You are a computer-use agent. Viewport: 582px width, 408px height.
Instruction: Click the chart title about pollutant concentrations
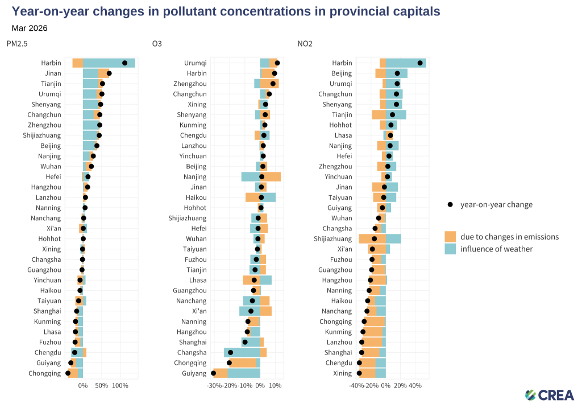coord(226,11)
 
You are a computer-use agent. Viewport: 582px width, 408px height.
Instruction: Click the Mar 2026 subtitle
coord(30,28)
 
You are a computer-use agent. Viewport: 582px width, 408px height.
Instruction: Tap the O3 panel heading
coord(157,43)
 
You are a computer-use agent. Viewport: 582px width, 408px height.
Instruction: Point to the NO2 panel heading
coord(305,43)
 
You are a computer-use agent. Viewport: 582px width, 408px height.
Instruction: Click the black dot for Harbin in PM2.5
coord(124,63)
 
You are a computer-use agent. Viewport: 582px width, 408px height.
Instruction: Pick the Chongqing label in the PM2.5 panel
coord(44,373)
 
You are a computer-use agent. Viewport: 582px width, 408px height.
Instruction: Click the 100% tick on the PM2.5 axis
coord(120,386)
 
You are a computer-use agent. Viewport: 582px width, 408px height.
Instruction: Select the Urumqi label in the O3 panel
coord(195,63)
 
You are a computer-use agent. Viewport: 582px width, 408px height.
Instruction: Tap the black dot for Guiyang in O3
coord(213,373)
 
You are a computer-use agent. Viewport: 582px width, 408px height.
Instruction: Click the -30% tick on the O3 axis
coord(214,386)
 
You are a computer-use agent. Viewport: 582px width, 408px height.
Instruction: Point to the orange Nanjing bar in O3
coord(271,177)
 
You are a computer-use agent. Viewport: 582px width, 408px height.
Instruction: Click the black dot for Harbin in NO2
coord(420,63)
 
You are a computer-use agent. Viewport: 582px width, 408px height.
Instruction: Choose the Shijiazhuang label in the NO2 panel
coord(332,239)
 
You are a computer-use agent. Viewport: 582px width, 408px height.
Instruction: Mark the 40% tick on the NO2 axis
coord(415,386)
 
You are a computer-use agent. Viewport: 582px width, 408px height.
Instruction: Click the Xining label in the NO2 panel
coord(342,373)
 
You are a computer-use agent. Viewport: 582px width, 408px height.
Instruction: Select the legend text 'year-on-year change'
coord(496,204)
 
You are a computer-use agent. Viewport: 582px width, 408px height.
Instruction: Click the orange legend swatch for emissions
coord(450,237)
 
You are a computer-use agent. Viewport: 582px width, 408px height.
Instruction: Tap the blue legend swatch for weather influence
coord(450,249)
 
